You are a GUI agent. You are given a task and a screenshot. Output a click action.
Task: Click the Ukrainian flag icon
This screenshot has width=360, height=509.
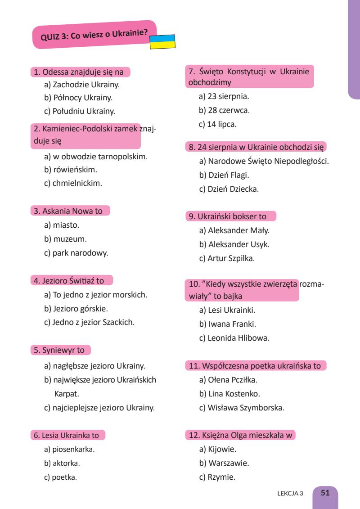[x=162, y=41]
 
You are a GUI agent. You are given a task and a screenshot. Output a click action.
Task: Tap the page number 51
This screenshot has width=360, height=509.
[x=325, y=493]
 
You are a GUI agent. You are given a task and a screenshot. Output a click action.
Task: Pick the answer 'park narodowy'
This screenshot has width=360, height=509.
[x=76, y=253]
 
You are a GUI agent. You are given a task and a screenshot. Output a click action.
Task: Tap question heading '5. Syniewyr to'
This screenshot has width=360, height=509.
[x=61, y=350]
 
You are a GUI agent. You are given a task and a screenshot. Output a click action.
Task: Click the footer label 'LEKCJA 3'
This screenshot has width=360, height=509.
[x=291, y=493]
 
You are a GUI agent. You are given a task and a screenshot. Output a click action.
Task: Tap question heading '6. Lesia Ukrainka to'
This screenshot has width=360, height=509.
[x=70, y=435]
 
